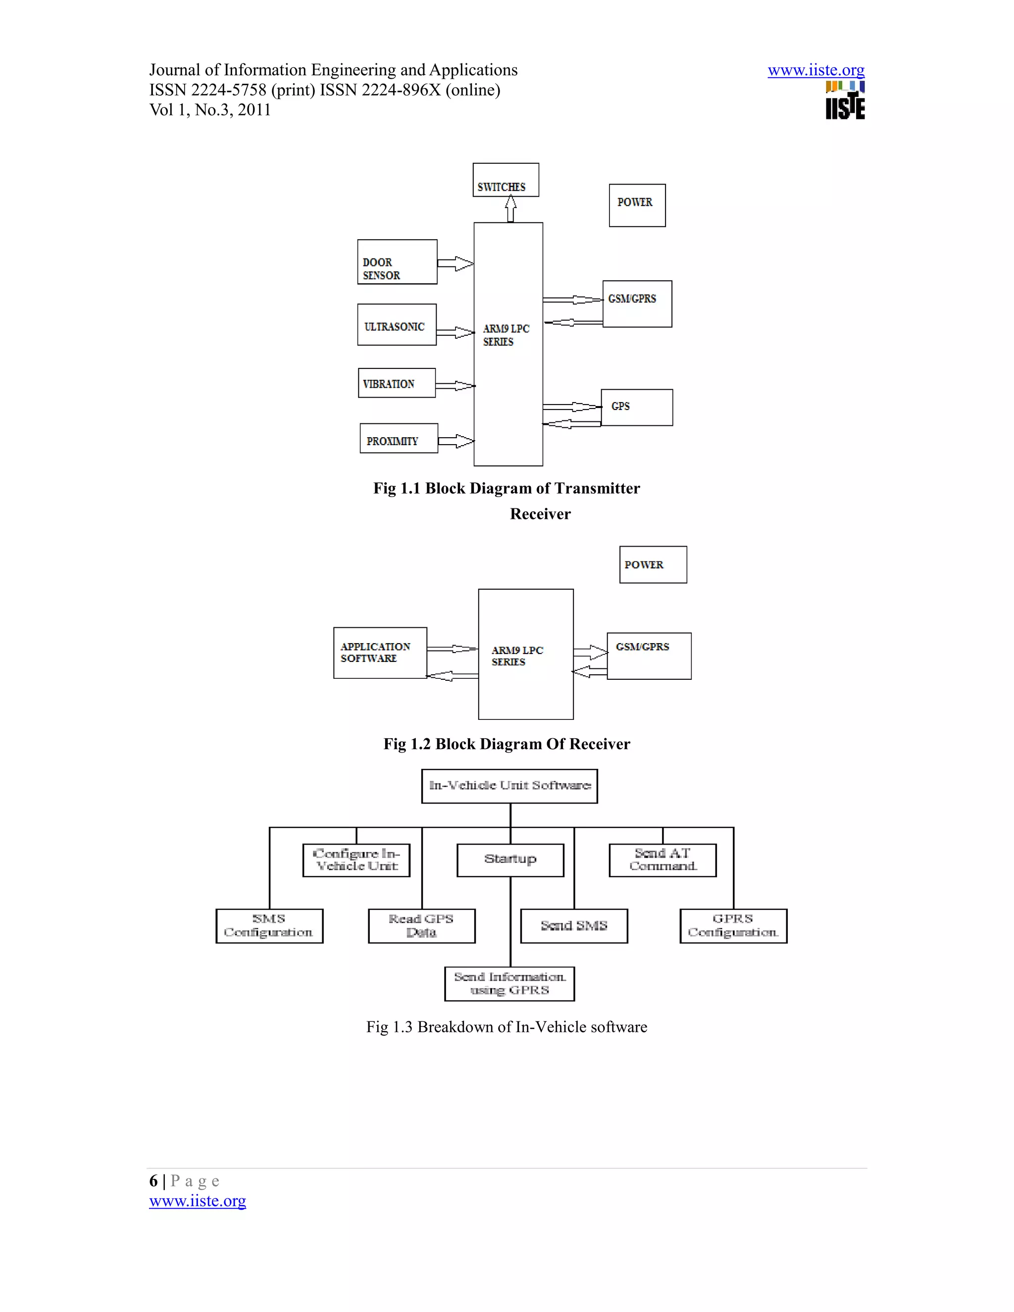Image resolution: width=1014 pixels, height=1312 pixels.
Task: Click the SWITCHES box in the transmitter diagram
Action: pyautogui.click(x=505, y=180)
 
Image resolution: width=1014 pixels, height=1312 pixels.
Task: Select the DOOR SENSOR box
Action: pyautogui.click(x=397, y=262)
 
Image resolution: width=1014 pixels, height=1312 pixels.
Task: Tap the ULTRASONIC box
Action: pyautogui.click(x=397, y=325)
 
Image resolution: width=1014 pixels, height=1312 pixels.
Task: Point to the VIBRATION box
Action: pyautogui.click(x=397, y=383)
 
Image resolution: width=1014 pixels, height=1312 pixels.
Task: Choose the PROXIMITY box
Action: pyautogui.click(x=398, y=439)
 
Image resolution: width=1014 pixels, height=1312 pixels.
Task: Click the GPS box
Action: pyautogui.click(x=637, y=407)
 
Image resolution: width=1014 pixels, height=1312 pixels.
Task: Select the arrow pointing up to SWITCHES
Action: pyautogui.click(x=510, y=209)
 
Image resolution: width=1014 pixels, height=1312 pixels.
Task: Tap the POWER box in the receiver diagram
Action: pyautogui.click(x=653, y=565)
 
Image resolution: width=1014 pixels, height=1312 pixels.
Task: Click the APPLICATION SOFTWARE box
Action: pyautogui.click(x=380, y=653)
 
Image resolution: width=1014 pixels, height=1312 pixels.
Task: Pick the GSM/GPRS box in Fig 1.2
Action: pyautogui.click(x=649, y=656)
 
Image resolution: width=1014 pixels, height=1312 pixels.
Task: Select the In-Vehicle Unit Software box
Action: pyautogui.click(x=509, y=786)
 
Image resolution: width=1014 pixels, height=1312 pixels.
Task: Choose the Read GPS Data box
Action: pyautogui.click(x=421, y=926)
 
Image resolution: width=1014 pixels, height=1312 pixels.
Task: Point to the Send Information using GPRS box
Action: pyautogui.click(x=509, y=983)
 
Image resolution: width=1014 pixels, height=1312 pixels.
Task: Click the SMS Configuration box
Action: pyautogui.click(x=269, y=926)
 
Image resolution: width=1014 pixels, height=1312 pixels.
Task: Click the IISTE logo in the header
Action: pyautogui.click(x=845, y=101)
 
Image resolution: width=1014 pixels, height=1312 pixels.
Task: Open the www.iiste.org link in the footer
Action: pyautogui.click(x=198, y=1201)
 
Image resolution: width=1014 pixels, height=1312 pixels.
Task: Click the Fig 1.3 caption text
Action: pyautogui.click(x=507, y=1027)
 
